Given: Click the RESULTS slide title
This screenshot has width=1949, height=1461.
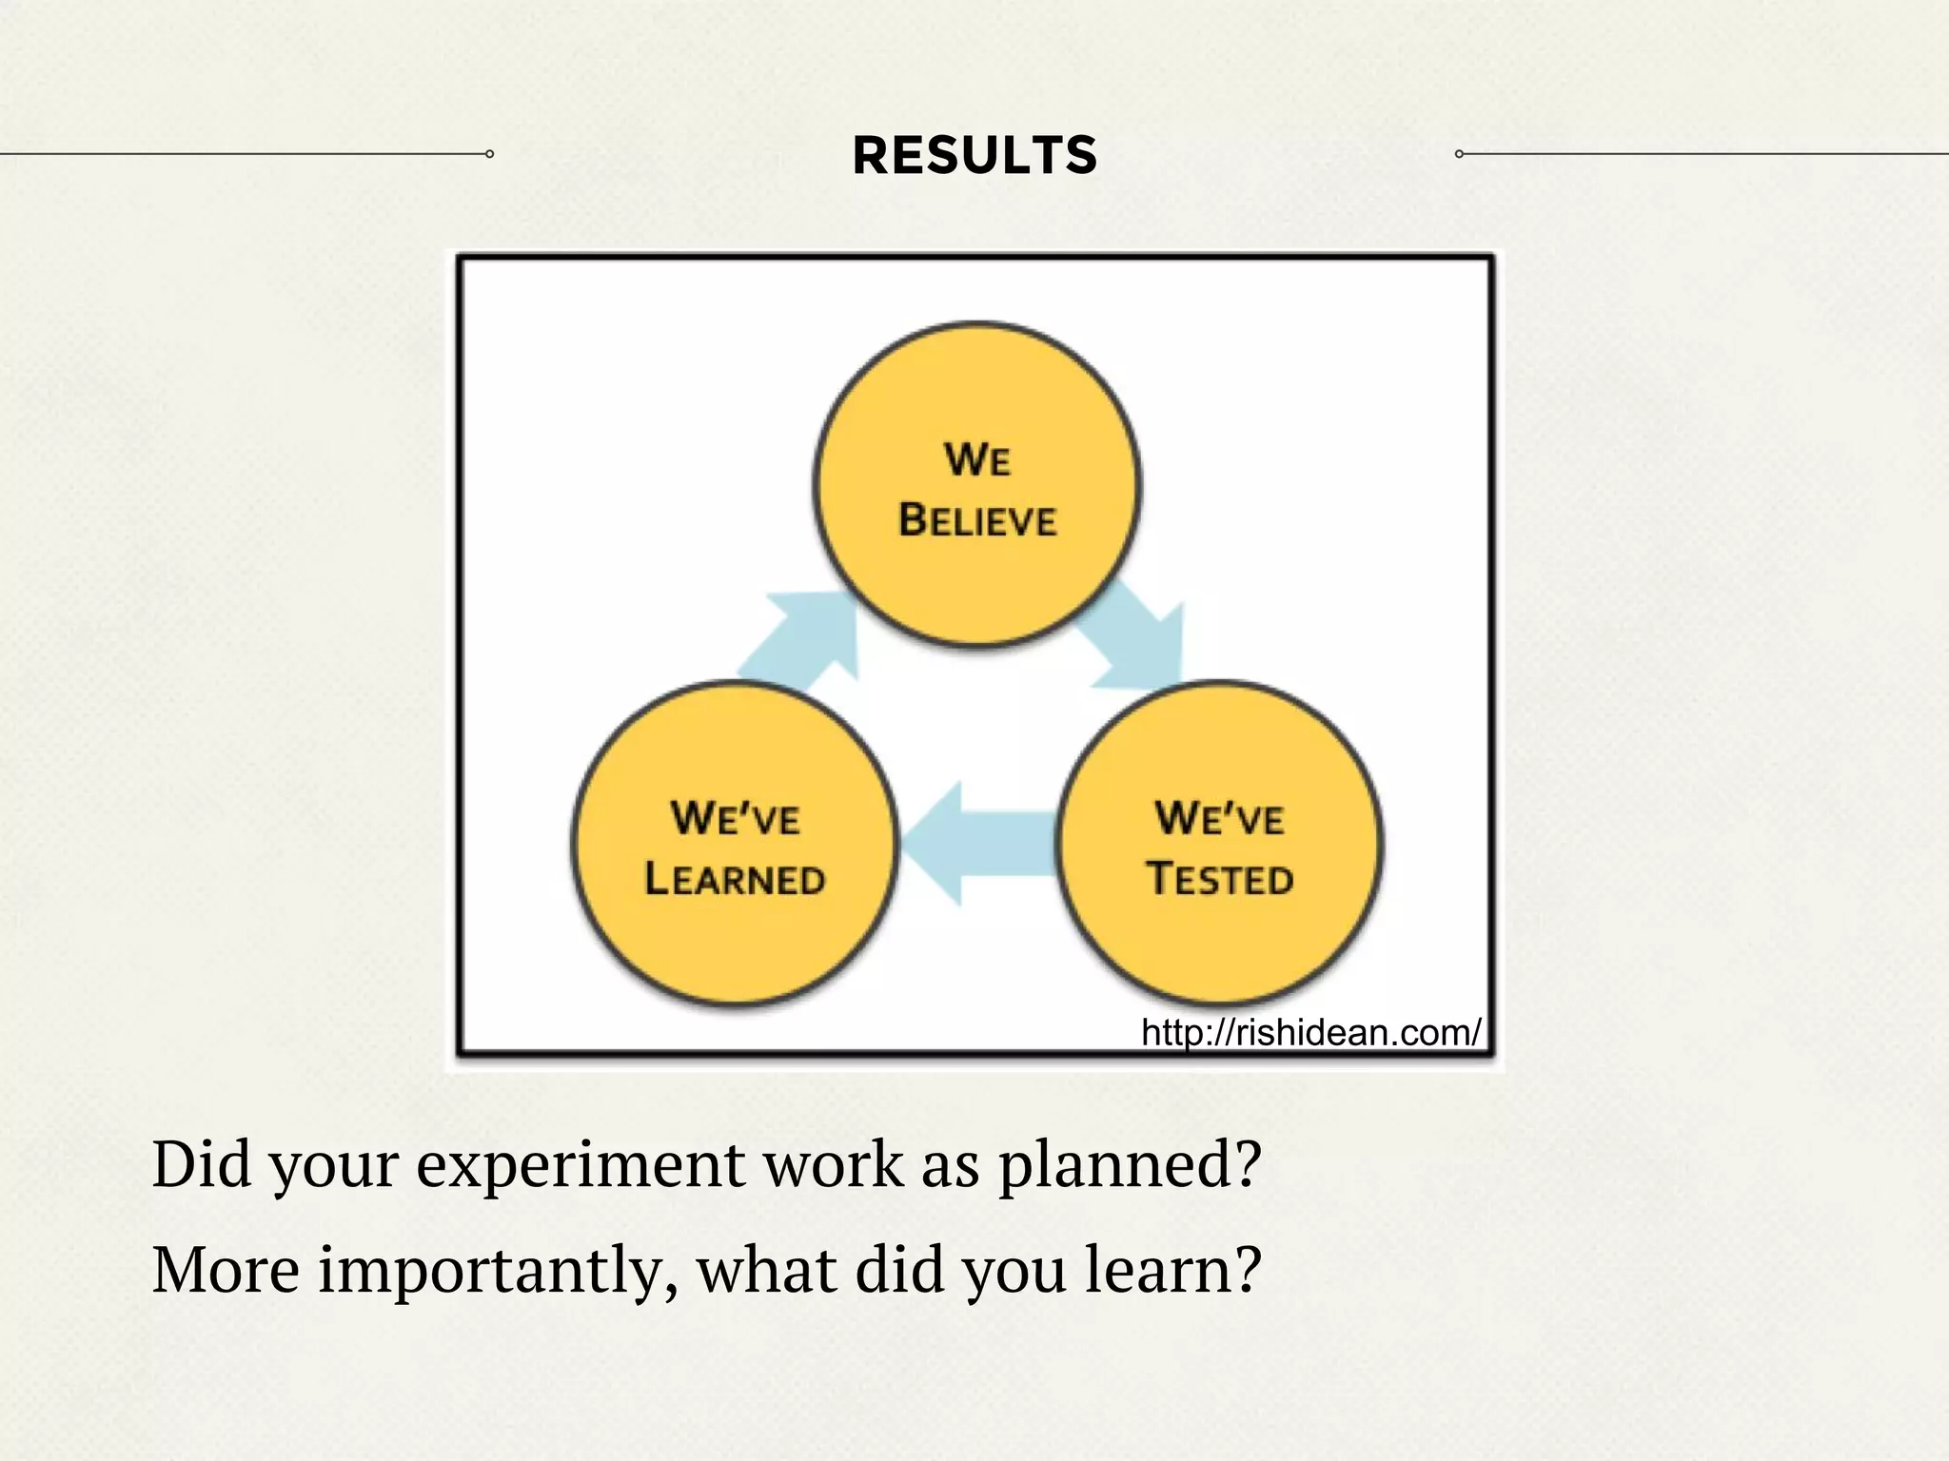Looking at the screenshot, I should tap(974, 155).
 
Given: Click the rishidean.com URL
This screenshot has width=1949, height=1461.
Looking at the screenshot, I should tap(1310, 1032).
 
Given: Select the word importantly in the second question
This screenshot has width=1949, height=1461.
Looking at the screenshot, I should tap(497, 1272).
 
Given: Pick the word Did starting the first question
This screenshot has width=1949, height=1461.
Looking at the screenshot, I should tap(200, 1164).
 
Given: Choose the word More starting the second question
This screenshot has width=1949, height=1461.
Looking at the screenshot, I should tap(226, 1270).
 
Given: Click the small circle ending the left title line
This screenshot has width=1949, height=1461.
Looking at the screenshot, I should tap(489, 154).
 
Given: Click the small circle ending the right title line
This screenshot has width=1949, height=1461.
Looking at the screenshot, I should tap(1459, 154).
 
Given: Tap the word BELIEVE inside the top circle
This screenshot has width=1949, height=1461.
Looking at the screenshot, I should tap(977, 520).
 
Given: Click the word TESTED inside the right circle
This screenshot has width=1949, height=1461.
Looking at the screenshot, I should tap(1220, 878).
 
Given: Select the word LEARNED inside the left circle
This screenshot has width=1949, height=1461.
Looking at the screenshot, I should tap(734, 878).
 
